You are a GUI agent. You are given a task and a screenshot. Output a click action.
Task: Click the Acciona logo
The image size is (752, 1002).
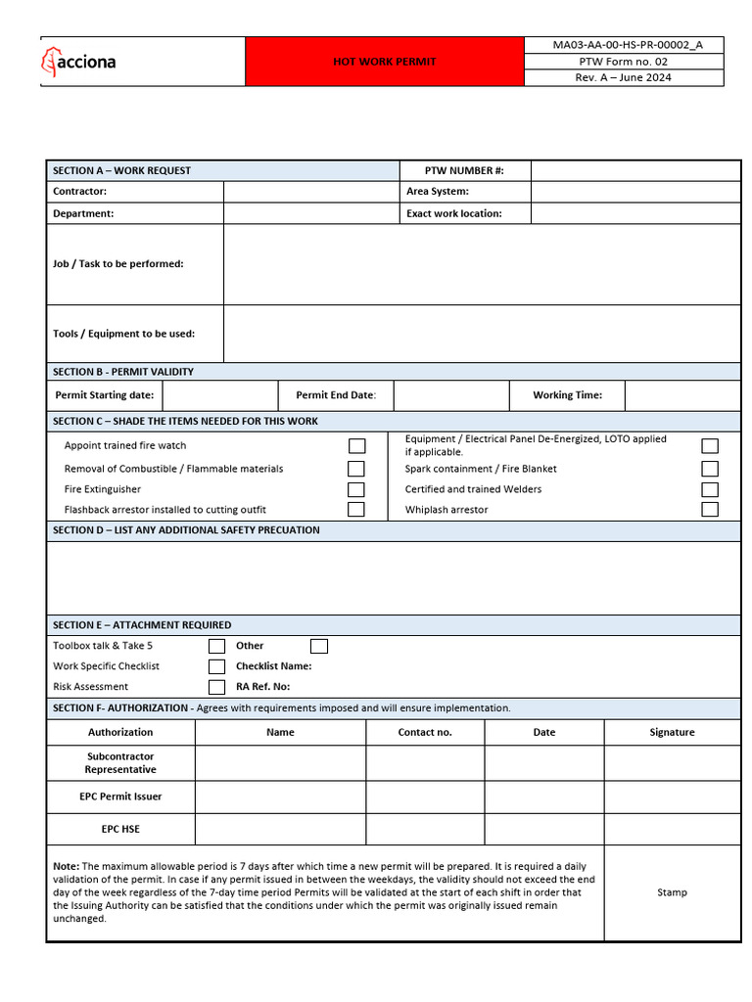[x=79, y=62]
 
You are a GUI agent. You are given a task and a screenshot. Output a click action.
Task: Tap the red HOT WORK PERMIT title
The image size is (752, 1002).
[x=384, y=62]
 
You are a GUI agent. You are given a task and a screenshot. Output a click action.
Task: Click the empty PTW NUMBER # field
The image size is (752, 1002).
[x=635, y=171]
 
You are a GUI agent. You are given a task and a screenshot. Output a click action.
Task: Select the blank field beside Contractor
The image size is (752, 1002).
[x=311, y=192]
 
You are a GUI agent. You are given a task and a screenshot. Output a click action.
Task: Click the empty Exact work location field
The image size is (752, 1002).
[x=635, y=213]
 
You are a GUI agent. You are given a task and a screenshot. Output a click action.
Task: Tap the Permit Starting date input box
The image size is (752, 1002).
[x=220, y=395]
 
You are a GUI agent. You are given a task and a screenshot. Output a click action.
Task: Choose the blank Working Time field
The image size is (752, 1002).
[x=681, y=395]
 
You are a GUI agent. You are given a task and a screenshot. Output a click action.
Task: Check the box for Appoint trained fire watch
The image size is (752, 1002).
[x=357, y=446]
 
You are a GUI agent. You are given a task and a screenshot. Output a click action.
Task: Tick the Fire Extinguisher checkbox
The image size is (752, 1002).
[x=357, y=489]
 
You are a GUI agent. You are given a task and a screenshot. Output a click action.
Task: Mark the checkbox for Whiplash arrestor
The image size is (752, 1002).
[x=710, y=510]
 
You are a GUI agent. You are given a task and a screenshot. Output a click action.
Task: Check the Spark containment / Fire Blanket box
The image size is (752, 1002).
[x=710, y=469]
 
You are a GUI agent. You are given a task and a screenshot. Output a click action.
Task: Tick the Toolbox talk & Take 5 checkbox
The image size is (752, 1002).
[x=217, y=646]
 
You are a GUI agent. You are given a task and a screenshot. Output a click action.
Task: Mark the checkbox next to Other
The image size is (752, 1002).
[x=319, y=646]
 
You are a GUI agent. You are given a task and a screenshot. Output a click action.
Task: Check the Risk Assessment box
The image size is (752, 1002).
[x=217, y=687]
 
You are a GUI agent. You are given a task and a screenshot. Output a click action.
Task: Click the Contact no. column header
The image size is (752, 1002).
[x=425, y=732]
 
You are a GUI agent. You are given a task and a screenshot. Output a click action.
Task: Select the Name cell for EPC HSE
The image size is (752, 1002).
[x=280, y=829]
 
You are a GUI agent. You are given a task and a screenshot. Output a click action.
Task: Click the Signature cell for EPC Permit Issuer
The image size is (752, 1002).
[x=672, y=797]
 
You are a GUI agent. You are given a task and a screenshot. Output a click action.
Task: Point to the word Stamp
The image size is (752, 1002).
[x=672, y=892]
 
